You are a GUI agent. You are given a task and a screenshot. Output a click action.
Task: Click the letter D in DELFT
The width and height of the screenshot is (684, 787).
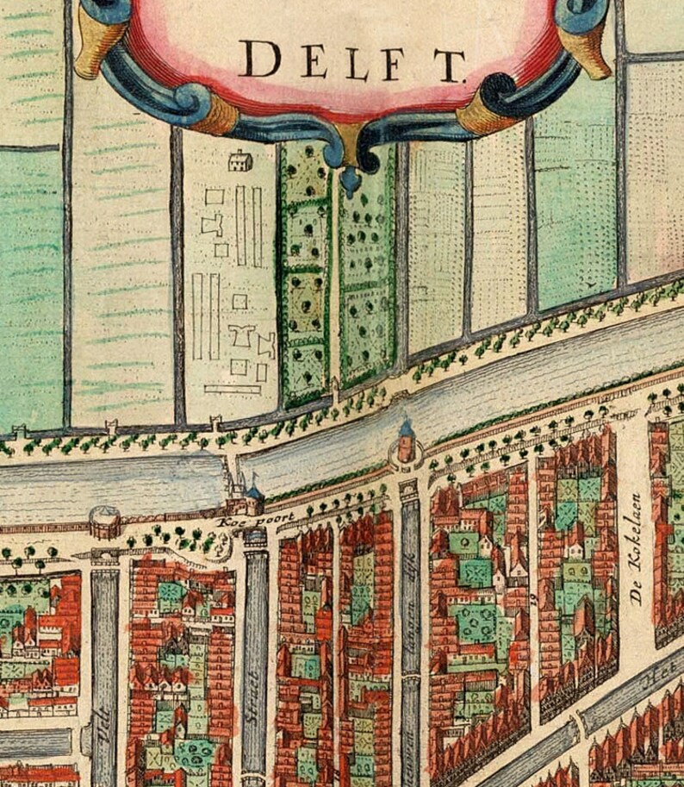click(259, 59)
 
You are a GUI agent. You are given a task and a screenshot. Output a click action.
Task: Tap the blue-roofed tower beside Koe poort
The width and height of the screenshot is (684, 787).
click(253, 497)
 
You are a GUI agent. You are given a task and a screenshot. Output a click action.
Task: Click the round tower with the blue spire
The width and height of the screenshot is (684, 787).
click(407, 440)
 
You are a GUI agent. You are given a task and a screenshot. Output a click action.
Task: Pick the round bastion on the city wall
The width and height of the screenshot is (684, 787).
click(106, 521)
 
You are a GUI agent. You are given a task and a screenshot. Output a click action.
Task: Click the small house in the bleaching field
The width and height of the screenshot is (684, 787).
click(239, 160)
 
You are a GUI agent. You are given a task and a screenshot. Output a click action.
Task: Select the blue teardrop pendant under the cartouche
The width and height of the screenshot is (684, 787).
click(350, 179)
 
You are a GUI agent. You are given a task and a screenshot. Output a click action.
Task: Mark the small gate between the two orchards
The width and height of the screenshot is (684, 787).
click(334, 399)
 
